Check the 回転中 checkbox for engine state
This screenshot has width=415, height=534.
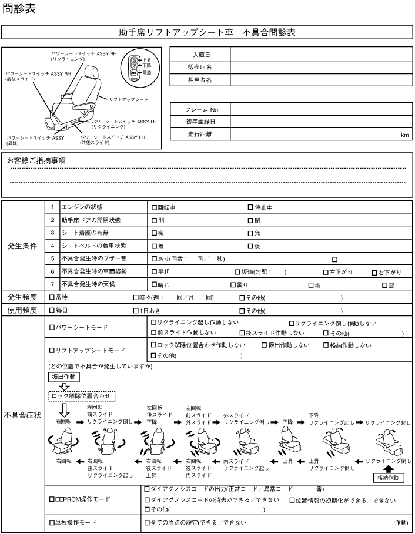[x=154, y=207]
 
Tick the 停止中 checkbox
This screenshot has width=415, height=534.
[x=250, y=207]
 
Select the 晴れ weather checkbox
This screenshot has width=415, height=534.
[x=154, y=284]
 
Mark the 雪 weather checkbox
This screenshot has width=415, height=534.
[x=383, y=284]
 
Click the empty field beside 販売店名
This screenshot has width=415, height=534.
[x=320, y=67]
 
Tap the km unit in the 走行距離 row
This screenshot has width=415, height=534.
[x=404, y=135]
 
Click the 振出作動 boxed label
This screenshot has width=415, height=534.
[x=61, y=377]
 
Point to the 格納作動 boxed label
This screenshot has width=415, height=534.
[x=388, y=478]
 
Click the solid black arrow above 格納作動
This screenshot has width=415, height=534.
[x=388, y=469]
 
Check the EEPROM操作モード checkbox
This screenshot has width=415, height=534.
[x=52, y=499]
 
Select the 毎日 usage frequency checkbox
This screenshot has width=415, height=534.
[x=52, y=310]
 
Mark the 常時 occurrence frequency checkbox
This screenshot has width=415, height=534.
[x=52, y=297]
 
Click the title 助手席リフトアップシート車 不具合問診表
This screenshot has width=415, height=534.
[x=207, y=32]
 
